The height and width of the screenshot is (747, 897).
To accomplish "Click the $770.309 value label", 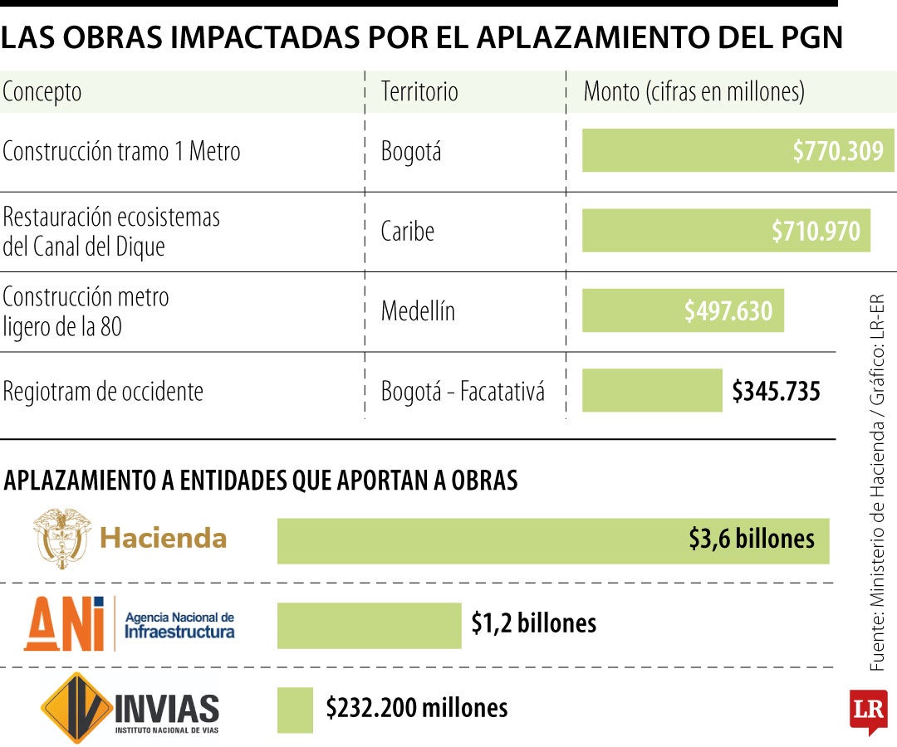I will point(837,152).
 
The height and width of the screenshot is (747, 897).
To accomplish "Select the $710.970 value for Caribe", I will point(816,231).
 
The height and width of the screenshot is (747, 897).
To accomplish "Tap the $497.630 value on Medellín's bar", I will point(728,310).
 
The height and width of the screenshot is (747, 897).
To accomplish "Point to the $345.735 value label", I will point(776,391).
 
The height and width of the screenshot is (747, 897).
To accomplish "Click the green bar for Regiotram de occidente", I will point(652,391).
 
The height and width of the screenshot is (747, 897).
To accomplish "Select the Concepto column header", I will point(42,91).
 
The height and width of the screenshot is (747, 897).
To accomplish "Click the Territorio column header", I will point(419,91).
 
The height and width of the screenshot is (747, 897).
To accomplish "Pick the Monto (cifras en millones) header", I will point(694,91).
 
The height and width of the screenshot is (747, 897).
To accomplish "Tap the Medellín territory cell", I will point(418,311).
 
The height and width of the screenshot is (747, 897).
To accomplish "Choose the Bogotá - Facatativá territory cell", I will point(463,391).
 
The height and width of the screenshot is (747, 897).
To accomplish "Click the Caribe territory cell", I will point(407,231).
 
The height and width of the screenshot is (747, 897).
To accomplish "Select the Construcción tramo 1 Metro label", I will point(121,152).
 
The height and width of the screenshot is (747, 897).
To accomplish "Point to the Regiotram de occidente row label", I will point(103,391).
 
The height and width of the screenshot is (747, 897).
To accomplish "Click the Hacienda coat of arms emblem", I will point(60,539).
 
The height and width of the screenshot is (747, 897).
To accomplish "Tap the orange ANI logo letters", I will point(65,624).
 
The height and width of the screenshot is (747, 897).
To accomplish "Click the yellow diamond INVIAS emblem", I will point(77,708).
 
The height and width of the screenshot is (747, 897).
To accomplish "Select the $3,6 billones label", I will point(751,539).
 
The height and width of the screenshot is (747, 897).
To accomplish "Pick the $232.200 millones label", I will point(416,708).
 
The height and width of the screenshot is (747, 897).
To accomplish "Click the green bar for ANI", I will point(369,625).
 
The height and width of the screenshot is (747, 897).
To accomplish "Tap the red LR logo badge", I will point(867,710).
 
